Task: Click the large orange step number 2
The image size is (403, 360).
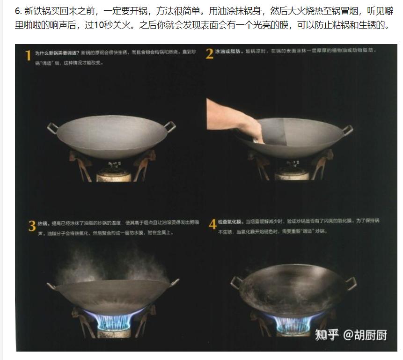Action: coord(209,54)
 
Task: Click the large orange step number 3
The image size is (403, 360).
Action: coord(32,227)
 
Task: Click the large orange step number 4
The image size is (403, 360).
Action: coord(212,225)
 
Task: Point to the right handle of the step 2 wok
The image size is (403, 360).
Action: coord(347,129)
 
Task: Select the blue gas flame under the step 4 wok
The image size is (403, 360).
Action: coord(293,320)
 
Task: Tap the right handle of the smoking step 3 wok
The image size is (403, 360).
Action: coord(175,282)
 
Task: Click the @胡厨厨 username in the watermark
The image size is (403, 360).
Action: coord(366,335)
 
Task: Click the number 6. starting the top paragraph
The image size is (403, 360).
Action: coord(18,11)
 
